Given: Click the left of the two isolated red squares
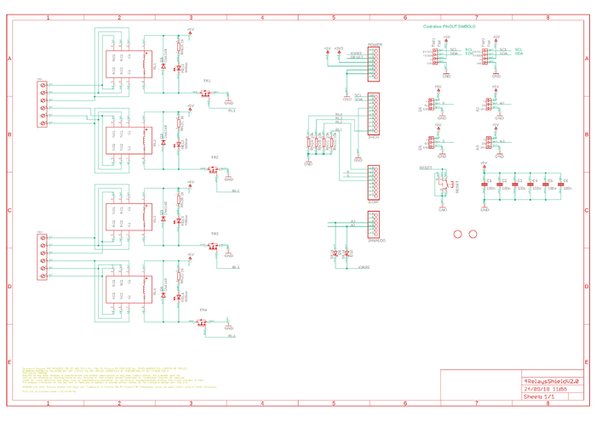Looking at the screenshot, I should [x=457, y=234].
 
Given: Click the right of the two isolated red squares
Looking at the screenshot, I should [x=473, y=234].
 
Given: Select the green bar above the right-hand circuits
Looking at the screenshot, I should [x=449, y=27].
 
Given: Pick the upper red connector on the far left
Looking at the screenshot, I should [x=41, y=105].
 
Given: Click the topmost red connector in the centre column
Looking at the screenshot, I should [x=374, y=64].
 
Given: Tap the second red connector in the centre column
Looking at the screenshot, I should [x=374, y=114].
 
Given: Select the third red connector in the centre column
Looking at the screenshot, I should [x=374, y=181].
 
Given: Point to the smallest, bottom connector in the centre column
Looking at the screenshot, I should [x=374, y=225].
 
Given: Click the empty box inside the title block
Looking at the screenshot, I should [x=479, y=384].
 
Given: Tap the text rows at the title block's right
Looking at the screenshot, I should [x=551, y=384].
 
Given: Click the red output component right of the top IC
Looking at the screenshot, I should [x=205, y=93].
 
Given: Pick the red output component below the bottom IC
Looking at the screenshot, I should [x=202, y=322].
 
